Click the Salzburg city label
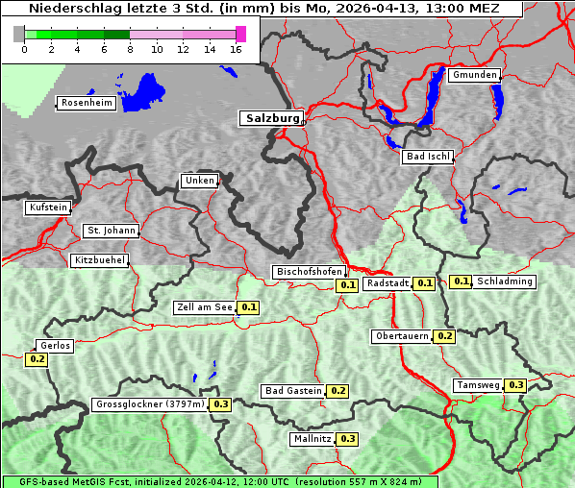click(x=271, y=118)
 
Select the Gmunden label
click(x=474, y=75)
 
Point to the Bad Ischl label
click(x=427, y=157)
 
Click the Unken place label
click(x=199, y=181)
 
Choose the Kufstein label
click(x=48, y=207)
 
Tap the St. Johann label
click(x=112, y=231)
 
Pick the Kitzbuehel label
click(x=100, y=260)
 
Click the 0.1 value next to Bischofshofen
click(x=347, y=285)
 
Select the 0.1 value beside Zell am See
click(x=248, y=307)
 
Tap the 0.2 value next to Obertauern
click(x=444, y=336)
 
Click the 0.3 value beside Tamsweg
click(x=515, y=385)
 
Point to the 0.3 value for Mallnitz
click(x=347, y=439)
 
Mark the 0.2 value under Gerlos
click(x=37, y=359)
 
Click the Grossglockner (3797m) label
click(x=150, y=404)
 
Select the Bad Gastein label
click(x=293, y=391)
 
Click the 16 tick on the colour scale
click(x=236, y=49)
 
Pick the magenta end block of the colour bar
click(x=240, y=34)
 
